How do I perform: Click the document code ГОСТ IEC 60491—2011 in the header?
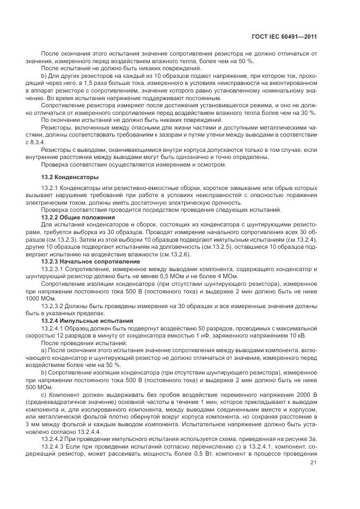point(285,36)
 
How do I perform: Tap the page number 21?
point(313,463)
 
